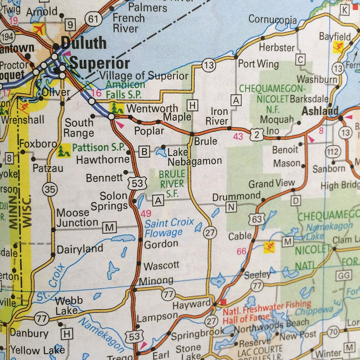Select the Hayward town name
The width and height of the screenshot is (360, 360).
click(191, 304)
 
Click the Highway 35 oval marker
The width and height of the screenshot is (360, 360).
click(49, 189)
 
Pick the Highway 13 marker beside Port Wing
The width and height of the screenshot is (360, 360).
click(209, 64)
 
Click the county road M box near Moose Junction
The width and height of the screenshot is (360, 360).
click(109, 228)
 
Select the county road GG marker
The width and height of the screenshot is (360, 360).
click(344, 275)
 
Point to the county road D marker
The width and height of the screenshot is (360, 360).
click(296, 200)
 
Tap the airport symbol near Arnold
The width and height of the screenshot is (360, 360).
click(38, 29)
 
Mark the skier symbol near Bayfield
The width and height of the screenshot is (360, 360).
click(338, 47)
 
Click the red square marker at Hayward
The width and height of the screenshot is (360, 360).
click(223, 301)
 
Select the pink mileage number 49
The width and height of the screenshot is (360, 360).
click(146, 213)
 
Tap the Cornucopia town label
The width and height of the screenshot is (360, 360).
click(272, 20)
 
